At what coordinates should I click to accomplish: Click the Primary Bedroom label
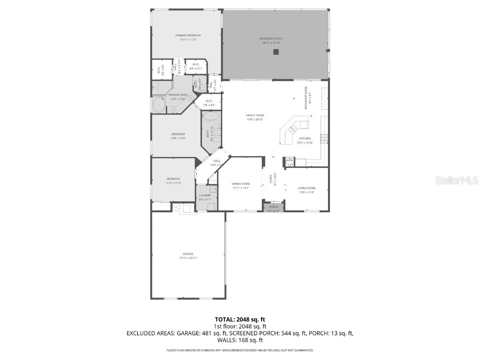pyautogui.click(x=188, y=36)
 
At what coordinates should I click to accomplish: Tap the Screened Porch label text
pyautogui.click(x=271, y=38)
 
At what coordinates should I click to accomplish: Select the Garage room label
pyautogui.click(x=188, y=254)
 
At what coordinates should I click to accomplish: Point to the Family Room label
pyautogui.click(x=255, y=115)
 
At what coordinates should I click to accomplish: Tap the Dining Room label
pyautogui.click(x=240, y=184)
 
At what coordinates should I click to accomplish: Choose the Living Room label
pyautogui.click(x=307, y=188)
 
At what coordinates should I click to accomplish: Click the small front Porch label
pyautogui.click(x=273, y=207)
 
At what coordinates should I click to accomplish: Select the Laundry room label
pyautogui.click(x=205, y=195)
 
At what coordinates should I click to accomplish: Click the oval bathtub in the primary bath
pyautogui.click(x=159, y=105)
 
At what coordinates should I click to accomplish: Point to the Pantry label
pyautogui.click(x=289, y=160)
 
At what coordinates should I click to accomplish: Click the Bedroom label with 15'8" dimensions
pyautogui.click(x=178, y=134)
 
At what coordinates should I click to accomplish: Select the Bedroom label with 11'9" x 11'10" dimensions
pyautogui.click(x=173, y=179)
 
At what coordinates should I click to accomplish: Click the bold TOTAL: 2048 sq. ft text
pyautogui.click(x=240, y=319)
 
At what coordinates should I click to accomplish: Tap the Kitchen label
pyautogui.click(x=305, y=139)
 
